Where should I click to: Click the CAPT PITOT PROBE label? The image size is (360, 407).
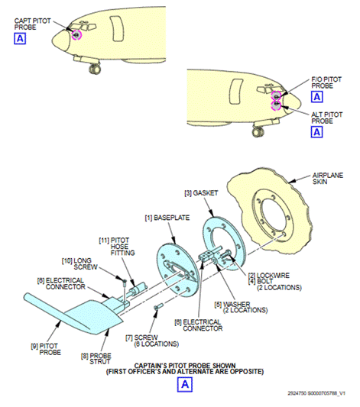pos(32,24)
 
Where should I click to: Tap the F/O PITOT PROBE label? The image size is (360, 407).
pos(326,82)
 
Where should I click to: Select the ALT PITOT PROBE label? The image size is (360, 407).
pos(327,118)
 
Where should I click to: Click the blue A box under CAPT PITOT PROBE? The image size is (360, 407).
pos(20,39)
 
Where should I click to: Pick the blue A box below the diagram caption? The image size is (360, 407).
pos(185,384)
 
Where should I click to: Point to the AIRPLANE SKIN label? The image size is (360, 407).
pos(328,179)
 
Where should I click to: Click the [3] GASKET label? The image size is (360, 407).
pos(201,193)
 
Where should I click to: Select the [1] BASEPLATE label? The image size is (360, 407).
pos(167,218)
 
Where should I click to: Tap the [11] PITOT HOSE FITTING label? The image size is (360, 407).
pos(117,247)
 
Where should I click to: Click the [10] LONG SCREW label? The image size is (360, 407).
pos(79,263)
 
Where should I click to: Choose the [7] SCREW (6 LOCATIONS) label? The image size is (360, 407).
pos(152,341)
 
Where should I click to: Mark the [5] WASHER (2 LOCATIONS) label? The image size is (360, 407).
pos(241,307)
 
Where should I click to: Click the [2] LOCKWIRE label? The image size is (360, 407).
pos(269,276)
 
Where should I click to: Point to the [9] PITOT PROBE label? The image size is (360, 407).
pos(46,349)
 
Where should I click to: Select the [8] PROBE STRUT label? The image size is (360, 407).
pos(96,358)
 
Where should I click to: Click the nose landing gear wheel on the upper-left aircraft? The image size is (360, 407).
pos(95,69)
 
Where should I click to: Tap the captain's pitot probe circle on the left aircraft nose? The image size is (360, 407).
pos(76,34)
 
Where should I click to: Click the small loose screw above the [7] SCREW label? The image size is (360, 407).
pos(158,306)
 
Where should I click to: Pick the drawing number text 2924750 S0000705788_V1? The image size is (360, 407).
pos(316,393)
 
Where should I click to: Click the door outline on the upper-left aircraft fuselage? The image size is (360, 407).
pos(117,28)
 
